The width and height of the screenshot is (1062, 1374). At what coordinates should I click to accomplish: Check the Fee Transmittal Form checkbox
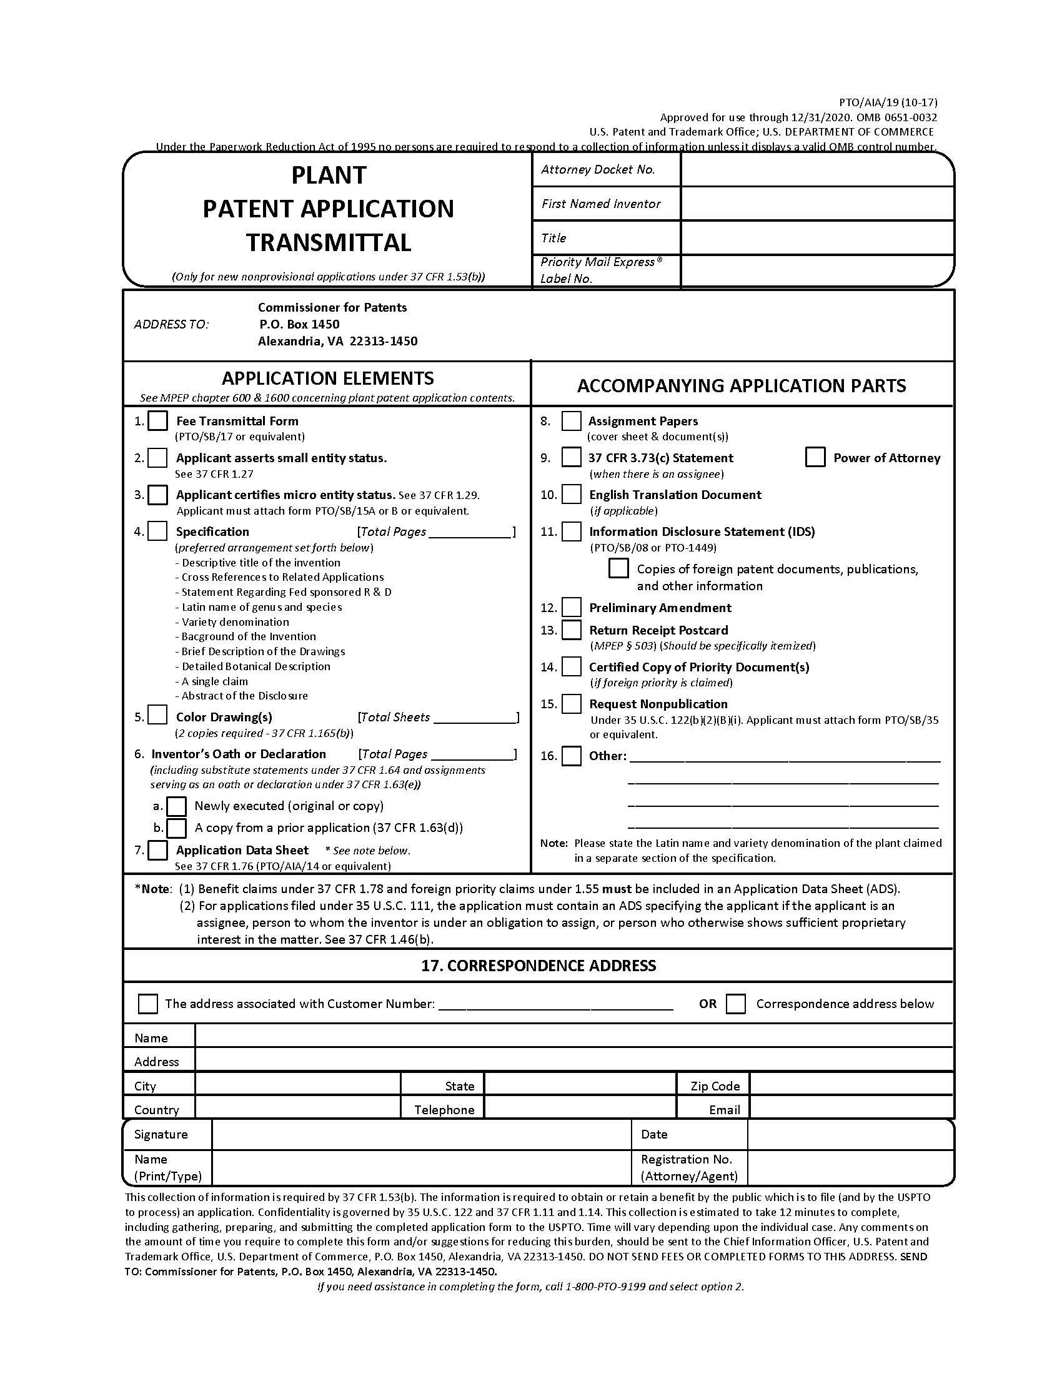click(x=157, y=420)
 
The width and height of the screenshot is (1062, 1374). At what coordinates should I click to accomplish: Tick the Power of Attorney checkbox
click(x=815, y=457)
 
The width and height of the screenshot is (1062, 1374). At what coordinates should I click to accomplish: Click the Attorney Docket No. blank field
click(x=816, y=170)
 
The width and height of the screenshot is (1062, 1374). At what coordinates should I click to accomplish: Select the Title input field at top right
click(x=816, y=238)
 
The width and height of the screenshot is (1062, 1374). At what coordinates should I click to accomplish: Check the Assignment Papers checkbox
click(x=570, y=421)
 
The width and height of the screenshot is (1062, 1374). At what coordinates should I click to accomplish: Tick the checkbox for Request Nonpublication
click(x=571, y=703)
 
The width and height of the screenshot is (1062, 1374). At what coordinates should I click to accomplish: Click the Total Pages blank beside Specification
click(x=470, y=532)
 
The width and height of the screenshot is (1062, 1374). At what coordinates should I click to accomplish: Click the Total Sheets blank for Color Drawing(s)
click(x=474, y=718)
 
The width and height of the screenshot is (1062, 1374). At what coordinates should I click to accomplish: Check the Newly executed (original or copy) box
click(x=177, y=806)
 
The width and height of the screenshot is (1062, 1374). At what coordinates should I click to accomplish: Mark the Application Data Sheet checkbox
click(x=157, y=850)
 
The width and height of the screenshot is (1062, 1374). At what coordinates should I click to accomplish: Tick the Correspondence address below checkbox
click(x=735, y=1004)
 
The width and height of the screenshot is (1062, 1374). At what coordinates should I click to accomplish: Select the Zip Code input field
click(x=851, y=1085)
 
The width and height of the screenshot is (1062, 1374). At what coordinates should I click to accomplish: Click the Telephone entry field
click(x=580, y=1109)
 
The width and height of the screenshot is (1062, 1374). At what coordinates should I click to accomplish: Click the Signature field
click(x=422, y=1134)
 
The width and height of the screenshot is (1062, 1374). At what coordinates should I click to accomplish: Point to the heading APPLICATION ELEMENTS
click(x=327, y=378)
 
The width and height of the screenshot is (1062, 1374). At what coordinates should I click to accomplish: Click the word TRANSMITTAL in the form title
click(x=329, y=242)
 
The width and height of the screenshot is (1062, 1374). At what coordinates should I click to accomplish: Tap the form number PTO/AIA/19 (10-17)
click(x=887, y=102)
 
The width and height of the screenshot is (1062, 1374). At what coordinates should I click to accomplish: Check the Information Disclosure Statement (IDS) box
click(x=571, y=531)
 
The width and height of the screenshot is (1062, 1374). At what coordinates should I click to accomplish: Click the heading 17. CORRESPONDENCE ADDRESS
click(x=538, y=966)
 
